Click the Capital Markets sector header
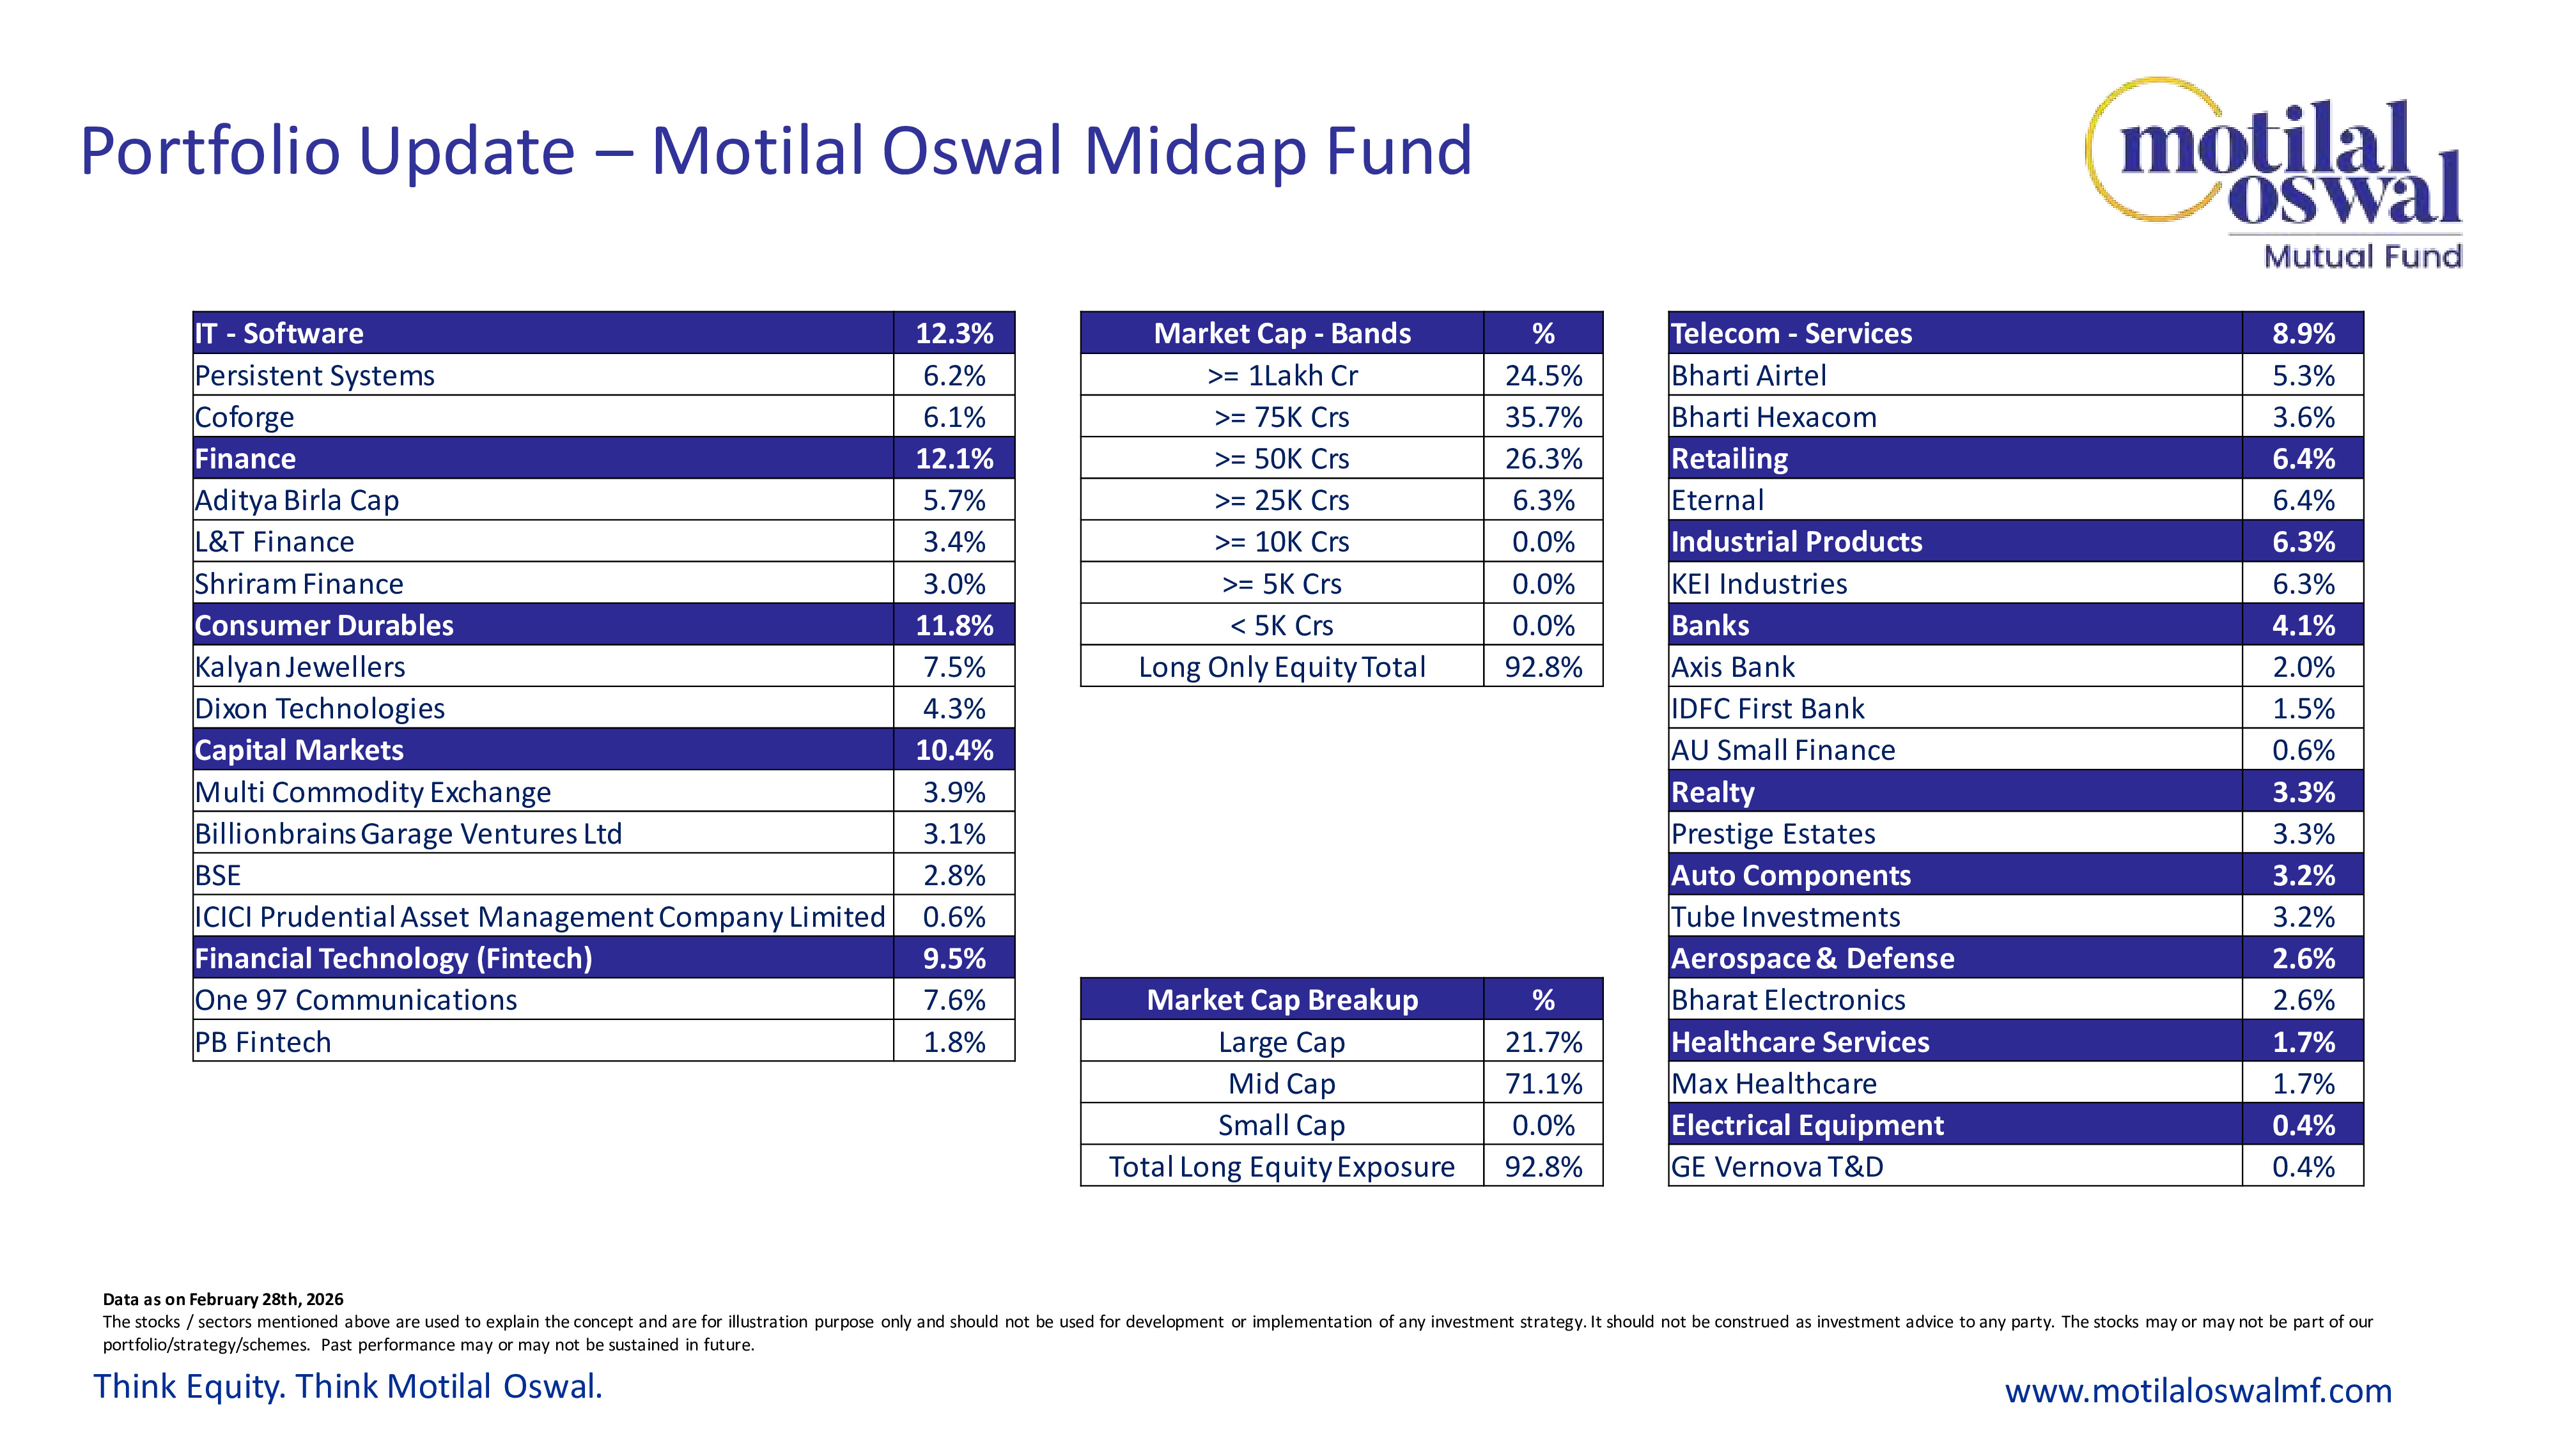[299, 750]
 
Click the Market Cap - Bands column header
[1282, 334]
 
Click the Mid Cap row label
[1282, 1084]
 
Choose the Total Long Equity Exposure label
[1282, 1167]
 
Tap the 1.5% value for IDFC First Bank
[2303, 709]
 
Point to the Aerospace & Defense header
[1812, 959]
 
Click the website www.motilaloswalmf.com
[2198, 1390]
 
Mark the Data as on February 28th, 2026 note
[223, 1299]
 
